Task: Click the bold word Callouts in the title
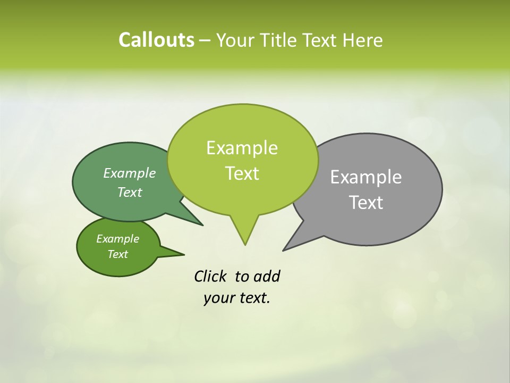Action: [156, 40]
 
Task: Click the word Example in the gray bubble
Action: [366, 177]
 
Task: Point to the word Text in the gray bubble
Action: [366, 203]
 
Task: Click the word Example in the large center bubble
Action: [242, 148]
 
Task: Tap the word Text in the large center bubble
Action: [242, 173]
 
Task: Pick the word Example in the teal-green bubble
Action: [130, 173]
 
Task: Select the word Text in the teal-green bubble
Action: [130, 192]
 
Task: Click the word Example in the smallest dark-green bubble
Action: [118, 239]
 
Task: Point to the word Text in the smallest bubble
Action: [118, 254]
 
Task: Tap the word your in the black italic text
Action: [218, 298]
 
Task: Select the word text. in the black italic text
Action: [253, 298]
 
